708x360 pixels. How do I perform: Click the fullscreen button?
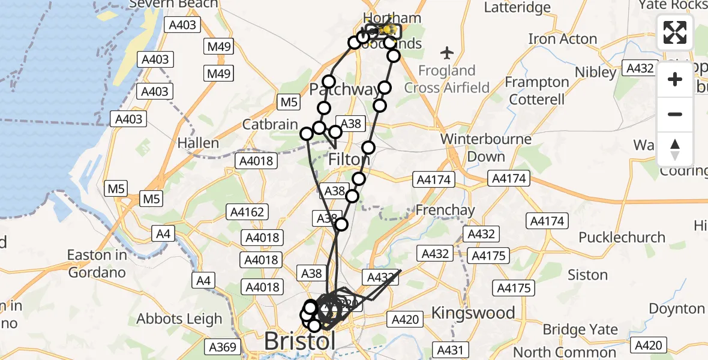(x=675, y=32)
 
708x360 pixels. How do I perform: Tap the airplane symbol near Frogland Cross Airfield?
(x=446, y=53)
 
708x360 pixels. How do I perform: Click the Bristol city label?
(x=299, y=342)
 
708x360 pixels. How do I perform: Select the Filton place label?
(x=349, y=160)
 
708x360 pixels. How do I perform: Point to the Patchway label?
(x=343, y=90)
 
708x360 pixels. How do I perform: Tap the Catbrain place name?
(x=270, y=125)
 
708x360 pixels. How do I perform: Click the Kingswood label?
(x=473, y=313)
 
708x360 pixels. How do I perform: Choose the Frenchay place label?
(x=445, y=211)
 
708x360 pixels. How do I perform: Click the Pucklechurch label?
(x=622, y=237)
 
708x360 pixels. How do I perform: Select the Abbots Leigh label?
(x=179, y=319)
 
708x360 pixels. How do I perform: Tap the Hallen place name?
(x=198, y=143)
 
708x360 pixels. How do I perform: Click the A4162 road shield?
(x=247, y=212)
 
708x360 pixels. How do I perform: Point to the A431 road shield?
(x=450, y=350)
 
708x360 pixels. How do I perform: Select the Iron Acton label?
(x=562, y=39)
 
